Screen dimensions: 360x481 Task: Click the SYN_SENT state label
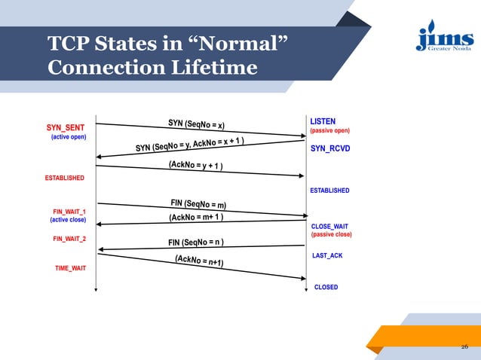65,127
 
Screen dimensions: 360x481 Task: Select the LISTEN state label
323,121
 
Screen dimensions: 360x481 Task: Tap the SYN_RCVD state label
329,149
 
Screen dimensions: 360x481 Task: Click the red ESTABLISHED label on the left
64,178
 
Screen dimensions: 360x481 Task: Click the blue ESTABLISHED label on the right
329,191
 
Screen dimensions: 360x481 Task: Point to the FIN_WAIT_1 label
69,211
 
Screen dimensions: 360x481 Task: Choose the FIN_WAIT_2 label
69,239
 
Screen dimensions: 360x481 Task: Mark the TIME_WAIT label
70,268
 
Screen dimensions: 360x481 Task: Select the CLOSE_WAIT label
329,226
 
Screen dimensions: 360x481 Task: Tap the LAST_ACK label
327,256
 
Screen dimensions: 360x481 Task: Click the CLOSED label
326,287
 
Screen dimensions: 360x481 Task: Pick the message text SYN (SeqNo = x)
196,124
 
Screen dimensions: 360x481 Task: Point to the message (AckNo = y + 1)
195,164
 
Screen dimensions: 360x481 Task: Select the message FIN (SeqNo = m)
198,203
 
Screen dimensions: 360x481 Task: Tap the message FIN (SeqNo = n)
195,243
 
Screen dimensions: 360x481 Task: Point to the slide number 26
464,347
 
